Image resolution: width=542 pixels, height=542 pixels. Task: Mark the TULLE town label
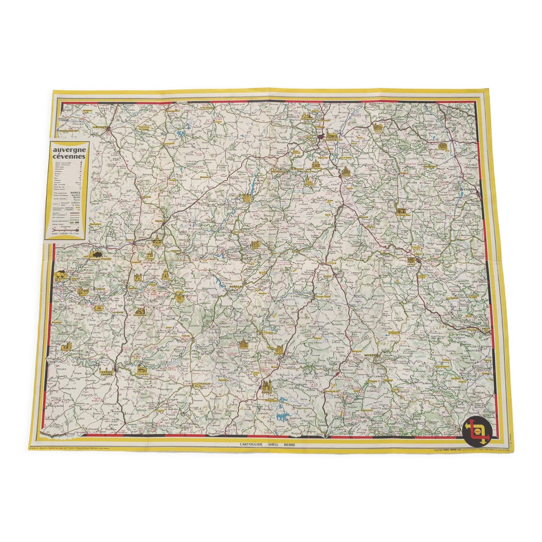[159, 221]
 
